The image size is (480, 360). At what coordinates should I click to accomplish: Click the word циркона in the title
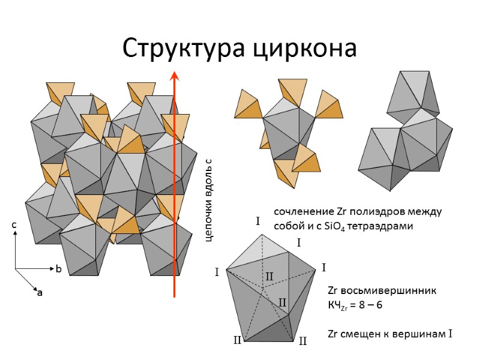click(304, 49)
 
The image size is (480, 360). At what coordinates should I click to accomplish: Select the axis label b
click(59, 270)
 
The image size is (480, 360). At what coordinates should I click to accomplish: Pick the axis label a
click(40, 293)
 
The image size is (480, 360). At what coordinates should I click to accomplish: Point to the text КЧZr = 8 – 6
click(355, 305)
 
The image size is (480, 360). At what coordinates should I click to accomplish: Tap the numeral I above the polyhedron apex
click(258, 222)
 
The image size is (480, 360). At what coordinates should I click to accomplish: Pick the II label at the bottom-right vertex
click(302, 341)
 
